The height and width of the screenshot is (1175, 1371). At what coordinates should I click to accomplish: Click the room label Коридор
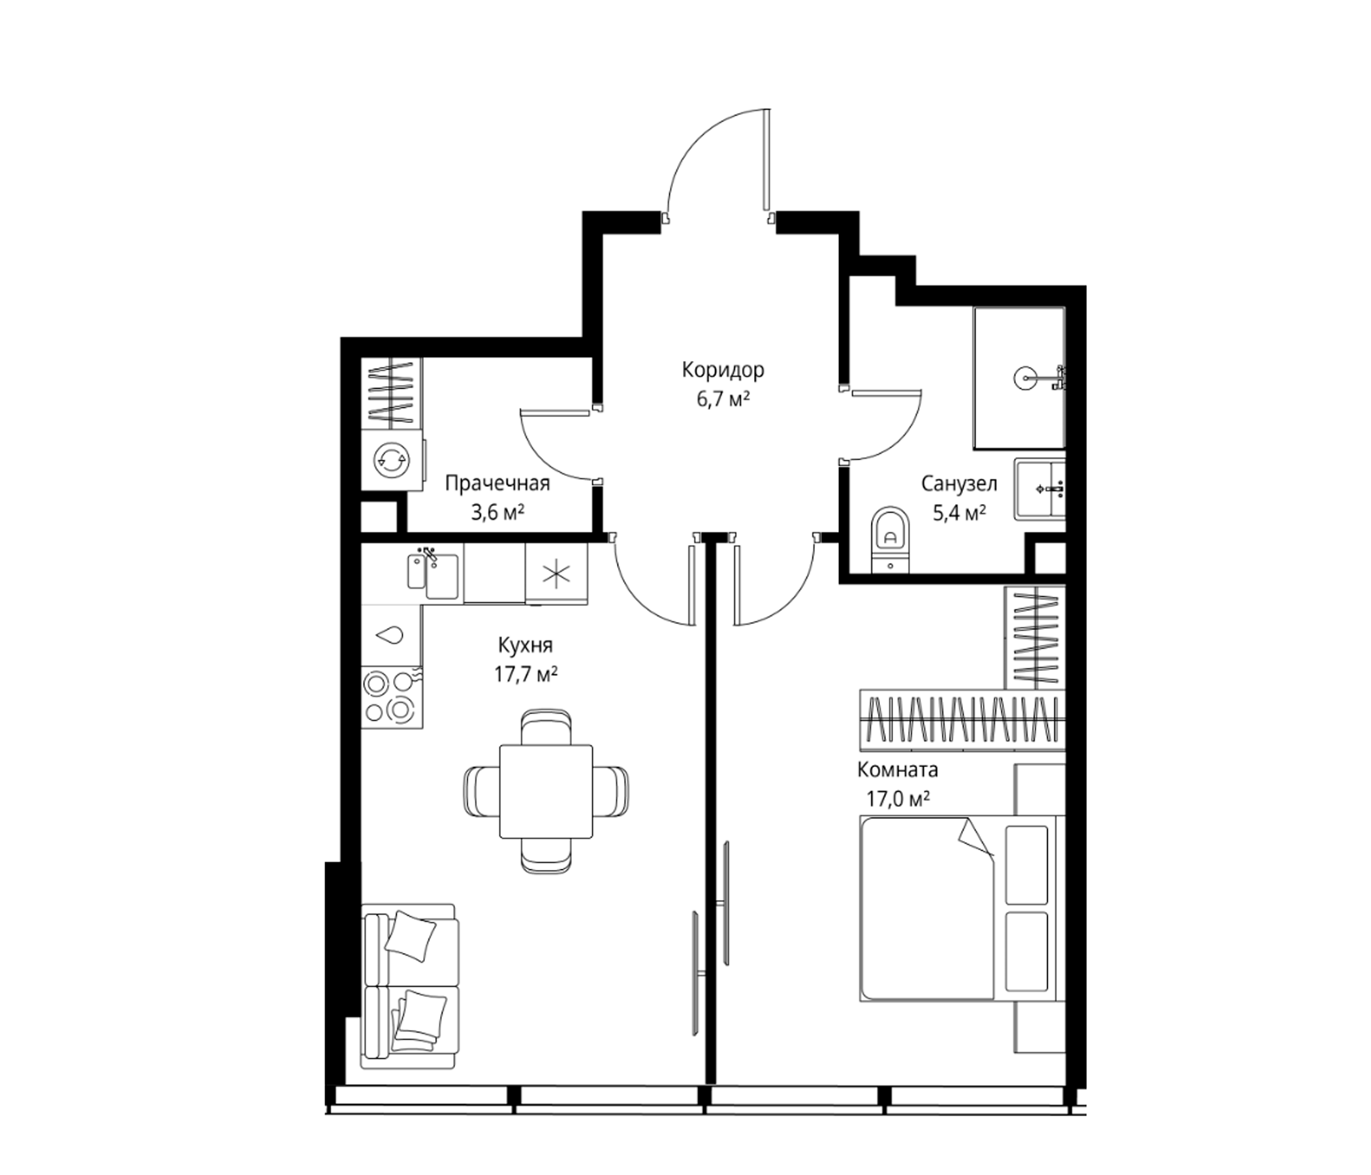[x=723, y=371]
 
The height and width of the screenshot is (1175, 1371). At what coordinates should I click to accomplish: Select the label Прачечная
[x=497, y=484]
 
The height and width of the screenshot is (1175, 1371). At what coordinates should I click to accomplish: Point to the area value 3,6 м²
[x=497, y=512]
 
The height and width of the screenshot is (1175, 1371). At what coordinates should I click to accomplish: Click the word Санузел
[x=959, y=484]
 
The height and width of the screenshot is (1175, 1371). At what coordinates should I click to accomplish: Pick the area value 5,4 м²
[x=960, y=512]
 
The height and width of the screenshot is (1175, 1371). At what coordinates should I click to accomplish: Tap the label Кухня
[x=526, y=645]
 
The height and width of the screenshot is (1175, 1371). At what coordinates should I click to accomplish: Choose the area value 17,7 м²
[x=526, y=674]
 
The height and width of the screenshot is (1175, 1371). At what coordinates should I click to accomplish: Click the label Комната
[x=897, y=770]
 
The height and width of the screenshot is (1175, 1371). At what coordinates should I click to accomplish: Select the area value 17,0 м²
[x=898, y=800]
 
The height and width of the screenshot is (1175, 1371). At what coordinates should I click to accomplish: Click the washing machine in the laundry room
[x=392, y=460]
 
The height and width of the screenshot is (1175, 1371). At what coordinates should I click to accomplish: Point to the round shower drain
[x=1024, y=379]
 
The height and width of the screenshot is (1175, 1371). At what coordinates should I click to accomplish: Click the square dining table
[x=546, y=791]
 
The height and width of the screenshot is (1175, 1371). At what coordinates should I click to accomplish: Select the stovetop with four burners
[x=392, y=697]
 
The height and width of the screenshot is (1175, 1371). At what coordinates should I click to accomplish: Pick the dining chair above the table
[x=546, y=727]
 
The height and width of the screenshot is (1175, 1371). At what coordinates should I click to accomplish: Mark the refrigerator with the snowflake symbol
[x=556, y=574]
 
